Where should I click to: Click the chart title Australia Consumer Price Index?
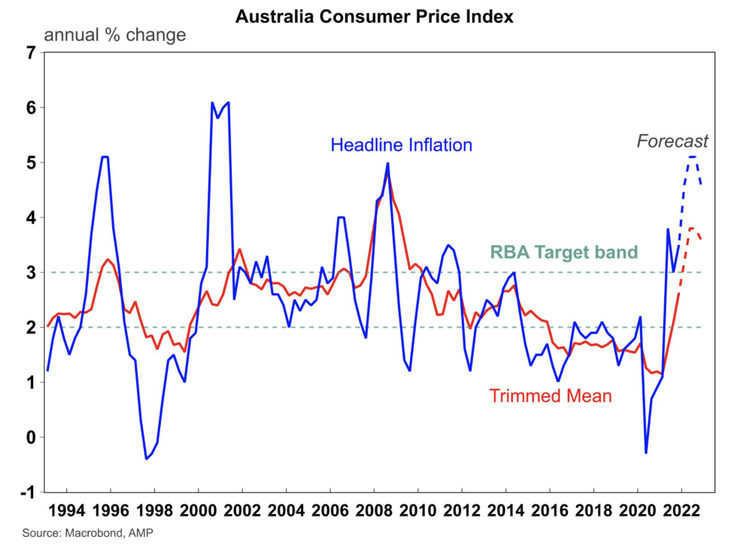(x=375, y=16)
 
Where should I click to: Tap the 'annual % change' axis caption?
(x=115, y=35)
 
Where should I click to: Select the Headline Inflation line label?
(x=401, y=145)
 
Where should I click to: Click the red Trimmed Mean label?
(x=550, y=395)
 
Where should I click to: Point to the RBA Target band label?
(x=564, y=252)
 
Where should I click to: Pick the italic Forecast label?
(x=672, y=141)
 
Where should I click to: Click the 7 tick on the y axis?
(x=31, y=53)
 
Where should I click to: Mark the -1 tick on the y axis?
(x=27, y=492)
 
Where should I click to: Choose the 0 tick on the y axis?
(x=31, y=438)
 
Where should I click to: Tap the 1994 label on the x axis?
(x=67, y=511)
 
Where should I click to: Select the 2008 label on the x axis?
(x=374, y=511)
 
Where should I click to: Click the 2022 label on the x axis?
(x=681, y=511)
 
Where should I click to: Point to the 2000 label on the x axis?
(x=198, y=511)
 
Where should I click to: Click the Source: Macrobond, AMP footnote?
(x=87, y=533)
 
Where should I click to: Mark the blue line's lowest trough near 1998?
(x=147, y=458)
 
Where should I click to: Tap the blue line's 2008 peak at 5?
(x=388, y=163)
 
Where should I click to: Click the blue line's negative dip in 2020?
(x=646, y=453)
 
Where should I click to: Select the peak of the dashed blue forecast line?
(x=693, y=157)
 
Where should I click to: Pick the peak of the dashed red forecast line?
(x=692, y=228)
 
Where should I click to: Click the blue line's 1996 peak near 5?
(x=105, y=157)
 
